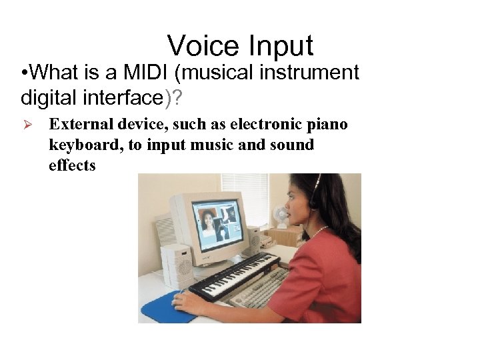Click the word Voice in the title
[203, 46]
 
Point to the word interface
[123, 98]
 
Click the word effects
[72, 165]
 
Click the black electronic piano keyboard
[233, 275]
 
